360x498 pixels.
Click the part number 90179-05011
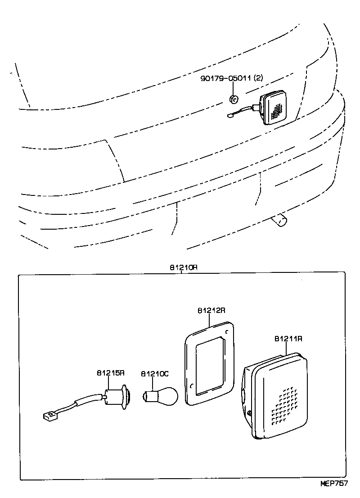[226, 78]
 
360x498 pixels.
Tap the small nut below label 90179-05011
[234, 99]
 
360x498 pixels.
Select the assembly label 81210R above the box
[184, 267]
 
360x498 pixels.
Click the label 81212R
[211, 311]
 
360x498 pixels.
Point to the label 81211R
[288, 338]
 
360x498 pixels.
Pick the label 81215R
[110, 374]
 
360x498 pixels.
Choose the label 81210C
[155, 374]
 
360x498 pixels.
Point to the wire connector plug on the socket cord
[47, 415]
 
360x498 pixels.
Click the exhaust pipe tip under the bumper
[281, 221]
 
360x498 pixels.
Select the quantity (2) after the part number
[258, 78]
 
